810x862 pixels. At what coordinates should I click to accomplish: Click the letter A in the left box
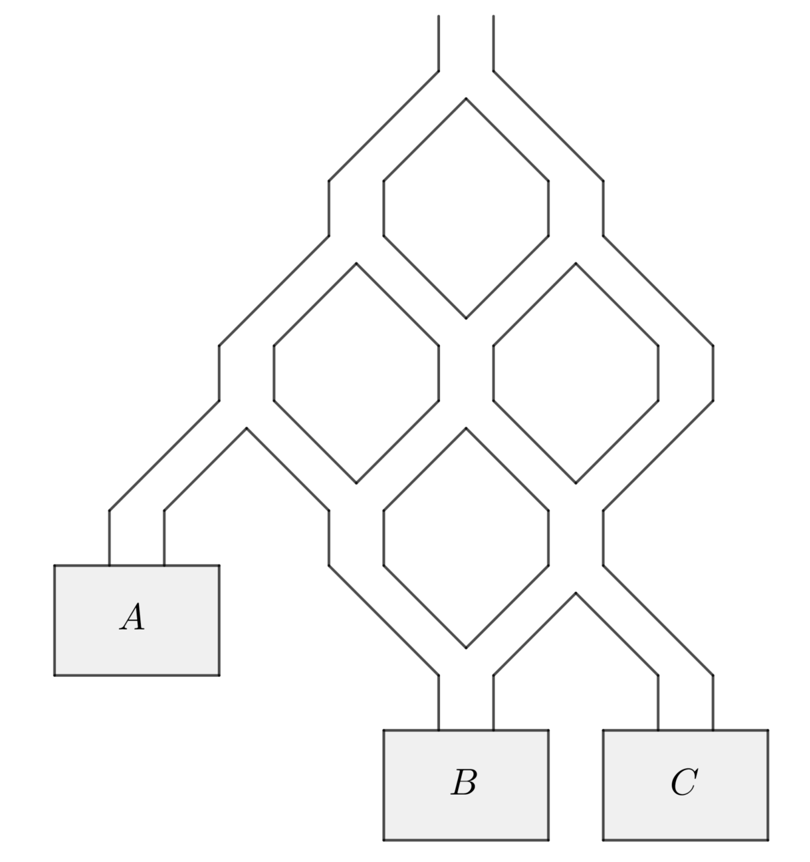coord(133,617)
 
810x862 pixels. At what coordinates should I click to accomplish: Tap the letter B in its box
coord(464,782)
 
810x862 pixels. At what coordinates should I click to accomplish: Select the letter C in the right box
coord(684,782)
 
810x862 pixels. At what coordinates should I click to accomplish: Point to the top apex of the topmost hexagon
coord(466,98)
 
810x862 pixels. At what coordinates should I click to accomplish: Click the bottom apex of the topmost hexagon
coord(466,318)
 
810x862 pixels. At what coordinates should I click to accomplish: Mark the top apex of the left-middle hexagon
coord(356,263)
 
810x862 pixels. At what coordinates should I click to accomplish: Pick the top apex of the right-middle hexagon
coord(576,263)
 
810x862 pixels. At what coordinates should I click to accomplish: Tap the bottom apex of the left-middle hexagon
coord(356,483)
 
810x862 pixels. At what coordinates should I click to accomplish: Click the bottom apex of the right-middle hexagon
coord(576,483)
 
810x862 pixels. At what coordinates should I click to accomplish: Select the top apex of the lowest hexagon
coord(466,428)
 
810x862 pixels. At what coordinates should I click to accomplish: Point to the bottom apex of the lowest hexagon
coord(466,648)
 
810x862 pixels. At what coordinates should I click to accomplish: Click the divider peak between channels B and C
coord(576,592)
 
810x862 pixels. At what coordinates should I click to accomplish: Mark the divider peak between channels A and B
coord(246,428)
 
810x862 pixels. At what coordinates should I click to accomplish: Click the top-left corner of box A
coord(55,565)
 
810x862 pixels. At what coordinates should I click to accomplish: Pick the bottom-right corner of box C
coord(768,840)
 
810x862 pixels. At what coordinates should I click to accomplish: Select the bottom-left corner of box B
coord(384,840)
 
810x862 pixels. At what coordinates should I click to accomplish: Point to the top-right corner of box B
coord(548,730)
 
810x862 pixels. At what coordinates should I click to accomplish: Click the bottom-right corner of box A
coord(219,675)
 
